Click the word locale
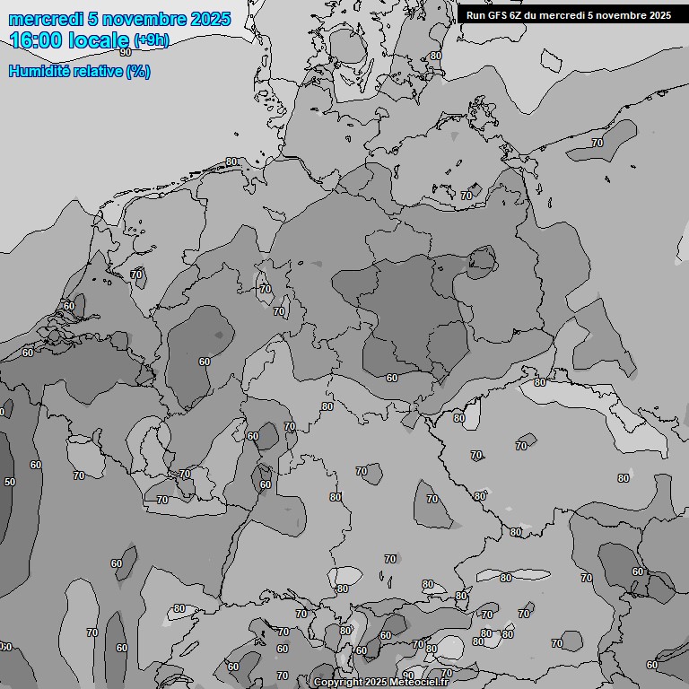point(99,40)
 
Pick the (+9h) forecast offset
point(151,40)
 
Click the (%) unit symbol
point(138,72)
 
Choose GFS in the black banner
point(496,15)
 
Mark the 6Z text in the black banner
point(516,15)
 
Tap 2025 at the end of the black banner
point(658,15)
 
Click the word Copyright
point(338,683)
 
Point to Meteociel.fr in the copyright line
point(419,683)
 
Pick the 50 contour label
point(10,482)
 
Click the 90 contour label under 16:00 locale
point(126,53)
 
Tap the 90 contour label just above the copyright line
point(408,675)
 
